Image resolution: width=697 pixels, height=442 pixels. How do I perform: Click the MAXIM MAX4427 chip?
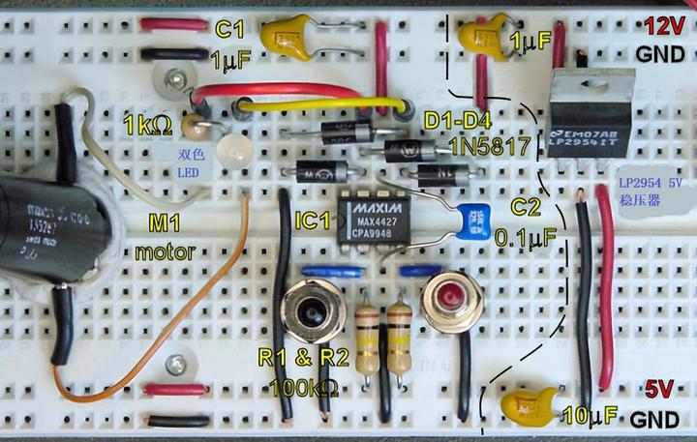coord(374,220)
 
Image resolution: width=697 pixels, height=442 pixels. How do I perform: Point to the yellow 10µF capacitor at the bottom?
coord(530,404)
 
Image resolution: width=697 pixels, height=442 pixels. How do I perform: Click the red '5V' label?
coord(659,390)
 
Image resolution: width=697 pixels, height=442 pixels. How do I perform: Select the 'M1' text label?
coord(166,225)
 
